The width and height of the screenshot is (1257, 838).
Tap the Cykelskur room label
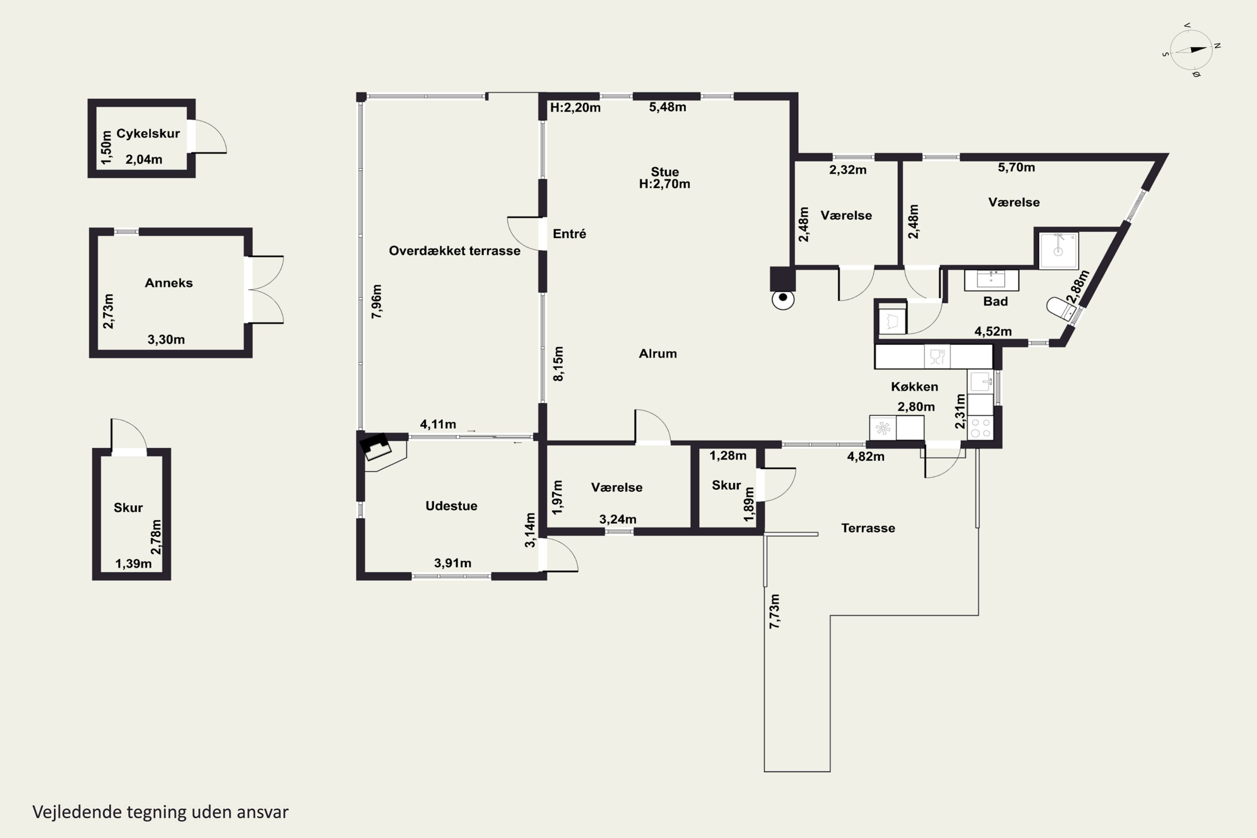pos(148,134)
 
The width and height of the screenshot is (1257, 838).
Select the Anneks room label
pos(169,283)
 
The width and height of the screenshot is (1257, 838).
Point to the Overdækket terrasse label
pos(454,251)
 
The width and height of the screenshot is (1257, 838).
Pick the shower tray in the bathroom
pos(1058,250)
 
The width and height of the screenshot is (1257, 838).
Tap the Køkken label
pos(914,386)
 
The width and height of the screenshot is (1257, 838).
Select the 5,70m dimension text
pos(1016,167)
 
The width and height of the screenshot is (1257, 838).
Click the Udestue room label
pos(451,506)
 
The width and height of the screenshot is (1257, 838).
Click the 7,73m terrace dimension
pos(774,611)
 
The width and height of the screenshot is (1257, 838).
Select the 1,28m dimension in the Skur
pos(727,456)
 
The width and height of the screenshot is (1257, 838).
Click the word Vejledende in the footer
pos(77,812)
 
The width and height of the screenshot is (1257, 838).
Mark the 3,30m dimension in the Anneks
pos(166,339)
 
